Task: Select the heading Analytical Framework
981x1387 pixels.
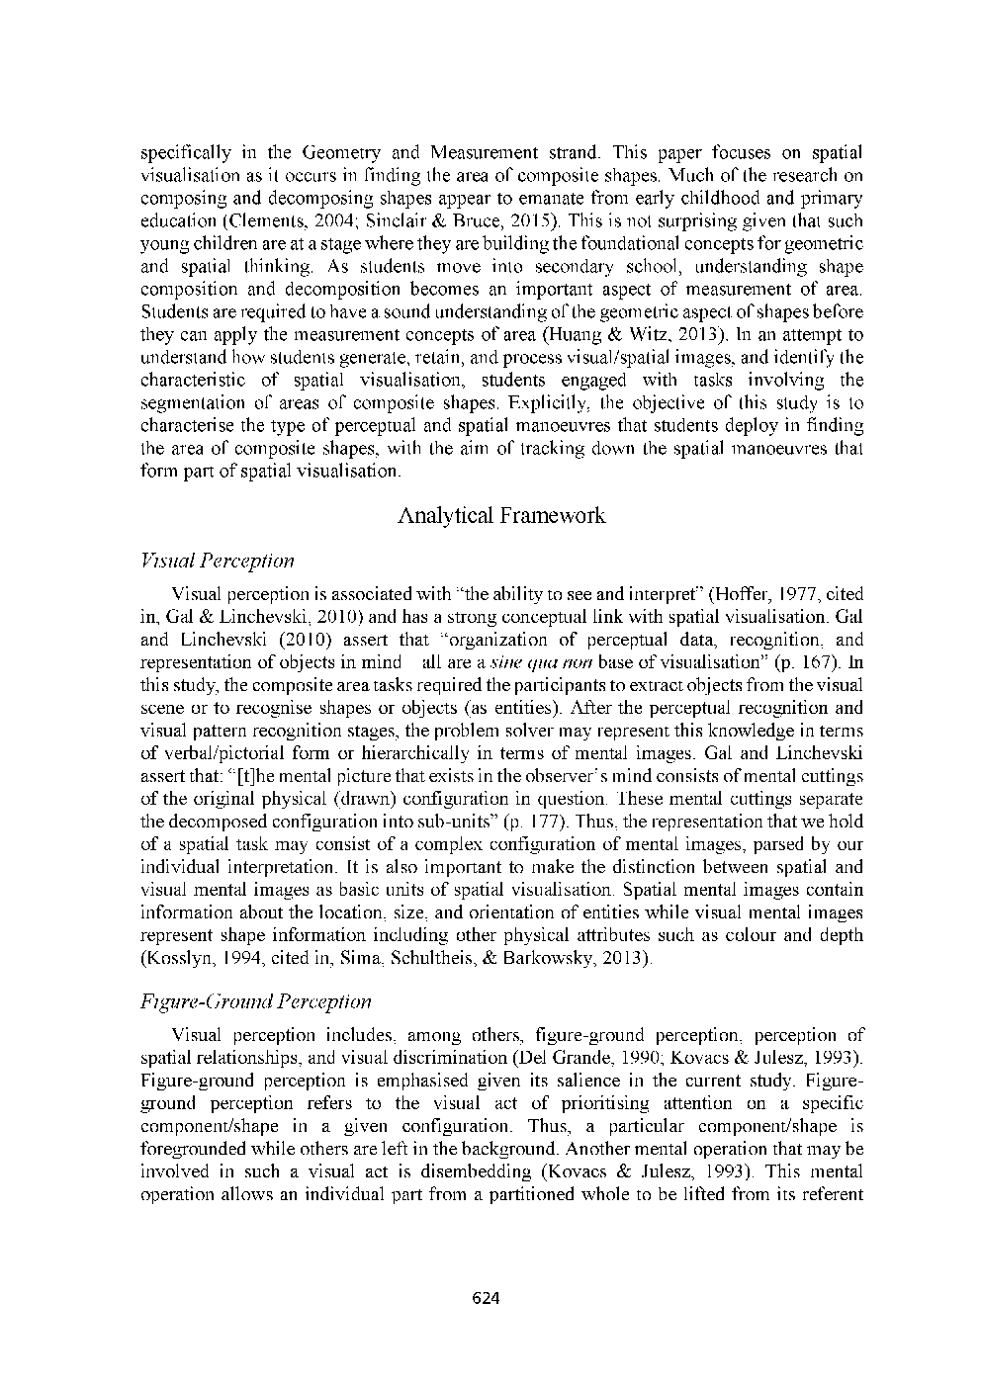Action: tap(501, 516)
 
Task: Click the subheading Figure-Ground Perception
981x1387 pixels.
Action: tap(256, 1001)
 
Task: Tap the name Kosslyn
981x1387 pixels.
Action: tap(180, 958)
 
